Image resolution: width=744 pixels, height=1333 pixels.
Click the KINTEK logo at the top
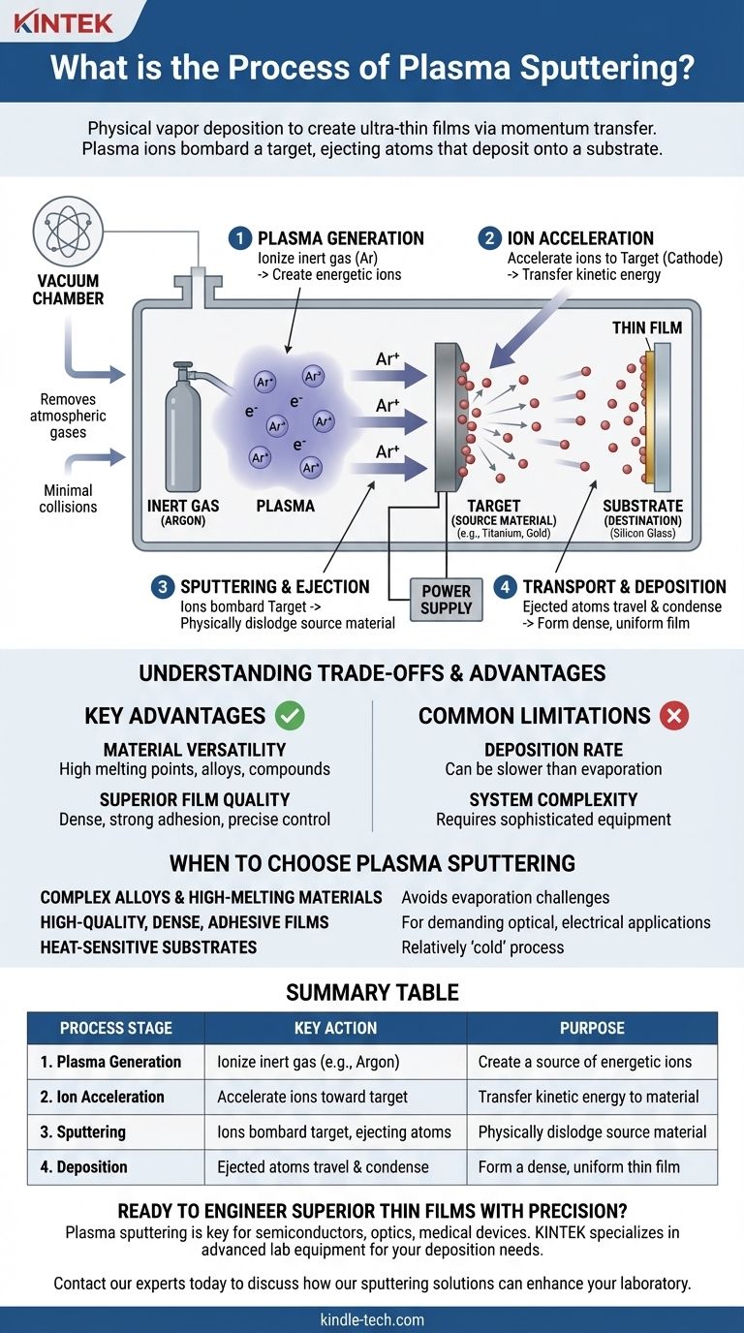pyautogui.click(x=65, y=20)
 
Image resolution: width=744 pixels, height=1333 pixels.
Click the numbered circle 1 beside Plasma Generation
pyautogui.click(x=240, y=238)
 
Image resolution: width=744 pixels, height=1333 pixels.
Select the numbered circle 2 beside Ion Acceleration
pyautogui.click(x=490, y=238)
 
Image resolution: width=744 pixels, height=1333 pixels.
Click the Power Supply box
pyautogui.click(x=446, y=600)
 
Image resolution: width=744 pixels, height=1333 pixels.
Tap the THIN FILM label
pyautogui.click(x=646, y=328)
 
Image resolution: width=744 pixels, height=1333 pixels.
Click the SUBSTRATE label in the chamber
pyautogui.click(x=642, y=506)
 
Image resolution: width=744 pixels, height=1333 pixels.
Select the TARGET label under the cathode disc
pyautogui.click(x=493, y=506)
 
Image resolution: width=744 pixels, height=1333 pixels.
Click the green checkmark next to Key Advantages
pyautogui.click(x=290, y=716)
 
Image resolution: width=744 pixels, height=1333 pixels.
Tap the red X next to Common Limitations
pyautogui.click(x=673, y=716)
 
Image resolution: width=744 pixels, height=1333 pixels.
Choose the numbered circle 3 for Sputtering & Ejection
pyautogui.click(x=164, y=587)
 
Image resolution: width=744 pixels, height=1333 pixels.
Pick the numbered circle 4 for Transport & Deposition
pyautogui.click(x=506, y=587)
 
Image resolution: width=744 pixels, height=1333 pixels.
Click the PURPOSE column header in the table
pyautogui.click(x=592, y=1028)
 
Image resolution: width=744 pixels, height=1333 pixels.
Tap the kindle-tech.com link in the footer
pyautogui.click(x=372, y=1319)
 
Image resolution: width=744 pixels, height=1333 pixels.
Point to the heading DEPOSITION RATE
pyautogui.click(x=553, y=750)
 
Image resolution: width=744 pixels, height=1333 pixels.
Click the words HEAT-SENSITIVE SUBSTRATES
pyautogui.click(x=148, y=946)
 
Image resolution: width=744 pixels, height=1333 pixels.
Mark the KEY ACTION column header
pyautogui.click(x=335, y=1028)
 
